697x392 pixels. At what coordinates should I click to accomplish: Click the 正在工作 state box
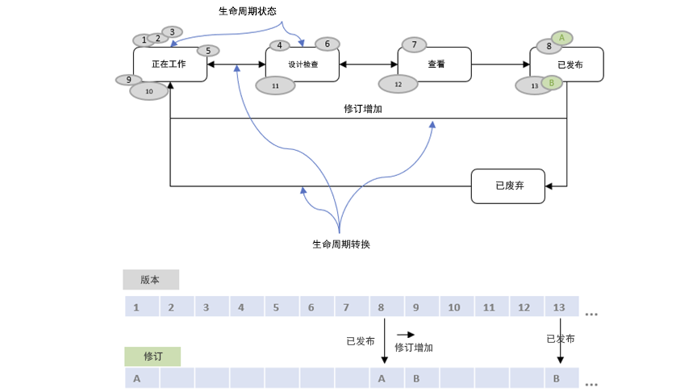tap(169, 65)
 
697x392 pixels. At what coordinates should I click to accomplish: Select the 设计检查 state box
tap(303, 65)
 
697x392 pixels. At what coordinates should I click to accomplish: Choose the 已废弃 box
tap(509, 186)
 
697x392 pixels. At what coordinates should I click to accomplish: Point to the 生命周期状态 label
tap(247, 12)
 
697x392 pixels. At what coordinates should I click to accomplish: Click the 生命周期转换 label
tap(341, 244)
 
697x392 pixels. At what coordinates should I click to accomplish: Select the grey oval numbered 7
tap(414, 44)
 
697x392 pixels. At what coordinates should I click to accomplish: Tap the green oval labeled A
tap(562, 37)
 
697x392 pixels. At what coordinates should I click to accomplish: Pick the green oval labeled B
tap(552, 82)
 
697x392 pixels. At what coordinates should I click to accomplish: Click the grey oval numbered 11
tap(275, 85)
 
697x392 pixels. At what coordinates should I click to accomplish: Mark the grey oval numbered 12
tap(398, 84)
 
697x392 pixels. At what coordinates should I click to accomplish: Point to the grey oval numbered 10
tap(149, 91)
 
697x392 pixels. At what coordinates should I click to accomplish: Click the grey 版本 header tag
tap(151, 280)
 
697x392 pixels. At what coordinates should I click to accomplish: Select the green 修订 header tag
tap(152, 357)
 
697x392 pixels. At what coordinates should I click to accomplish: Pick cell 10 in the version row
tap(454, 307)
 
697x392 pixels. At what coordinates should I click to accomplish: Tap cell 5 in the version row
tap(276, 307)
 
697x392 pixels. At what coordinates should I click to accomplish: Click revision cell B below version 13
tap(557, 378)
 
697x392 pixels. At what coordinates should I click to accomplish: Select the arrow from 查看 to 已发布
tap(501, 65)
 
